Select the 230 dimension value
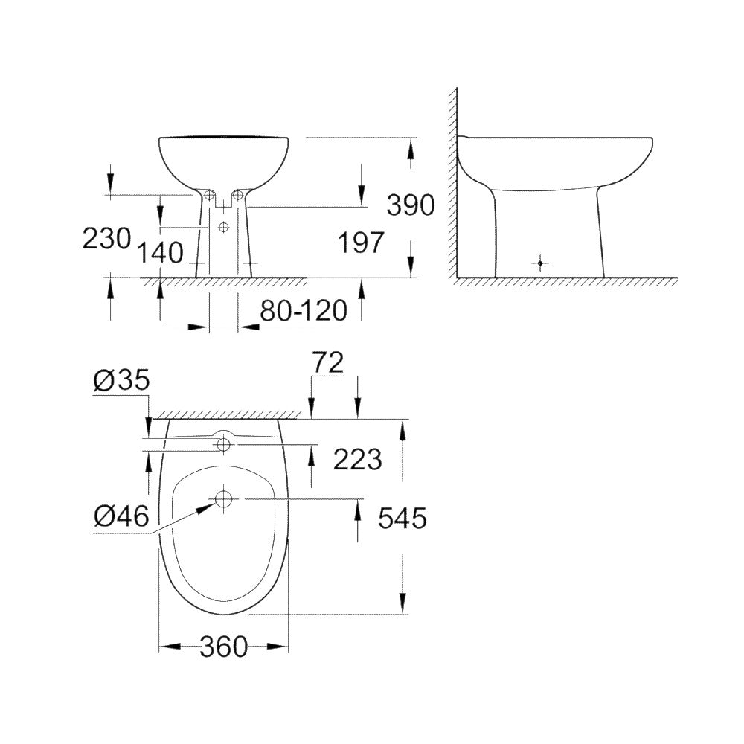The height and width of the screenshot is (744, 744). [106, 238]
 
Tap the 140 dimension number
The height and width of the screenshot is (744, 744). [159, 253]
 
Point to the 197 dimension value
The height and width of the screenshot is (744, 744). [361, 243]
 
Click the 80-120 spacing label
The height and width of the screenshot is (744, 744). [303, 311]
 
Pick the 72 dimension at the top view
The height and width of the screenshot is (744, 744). [327, 362]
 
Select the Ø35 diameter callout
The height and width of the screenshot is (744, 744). [121, 380]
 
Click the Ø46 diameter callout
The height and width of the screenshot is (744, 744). [121, 515]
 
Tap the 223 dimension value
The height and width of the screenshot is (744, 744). [357, 460]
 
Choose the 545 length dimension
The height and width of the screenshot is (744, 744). [403, 517]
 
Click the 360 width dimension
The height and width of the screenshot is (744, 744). [223, 647]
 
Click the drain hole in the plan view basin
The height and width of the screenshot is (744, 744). [223, 498]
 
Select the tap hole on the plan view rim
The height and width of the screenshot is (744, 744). [222, 445]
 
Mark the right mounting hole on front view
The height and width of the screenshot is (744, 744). [237, 195]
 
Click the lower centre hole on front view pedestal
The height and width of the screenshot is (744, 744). [224, 227]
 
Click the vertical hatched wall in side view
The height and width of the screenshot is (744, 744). [452, 186]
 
